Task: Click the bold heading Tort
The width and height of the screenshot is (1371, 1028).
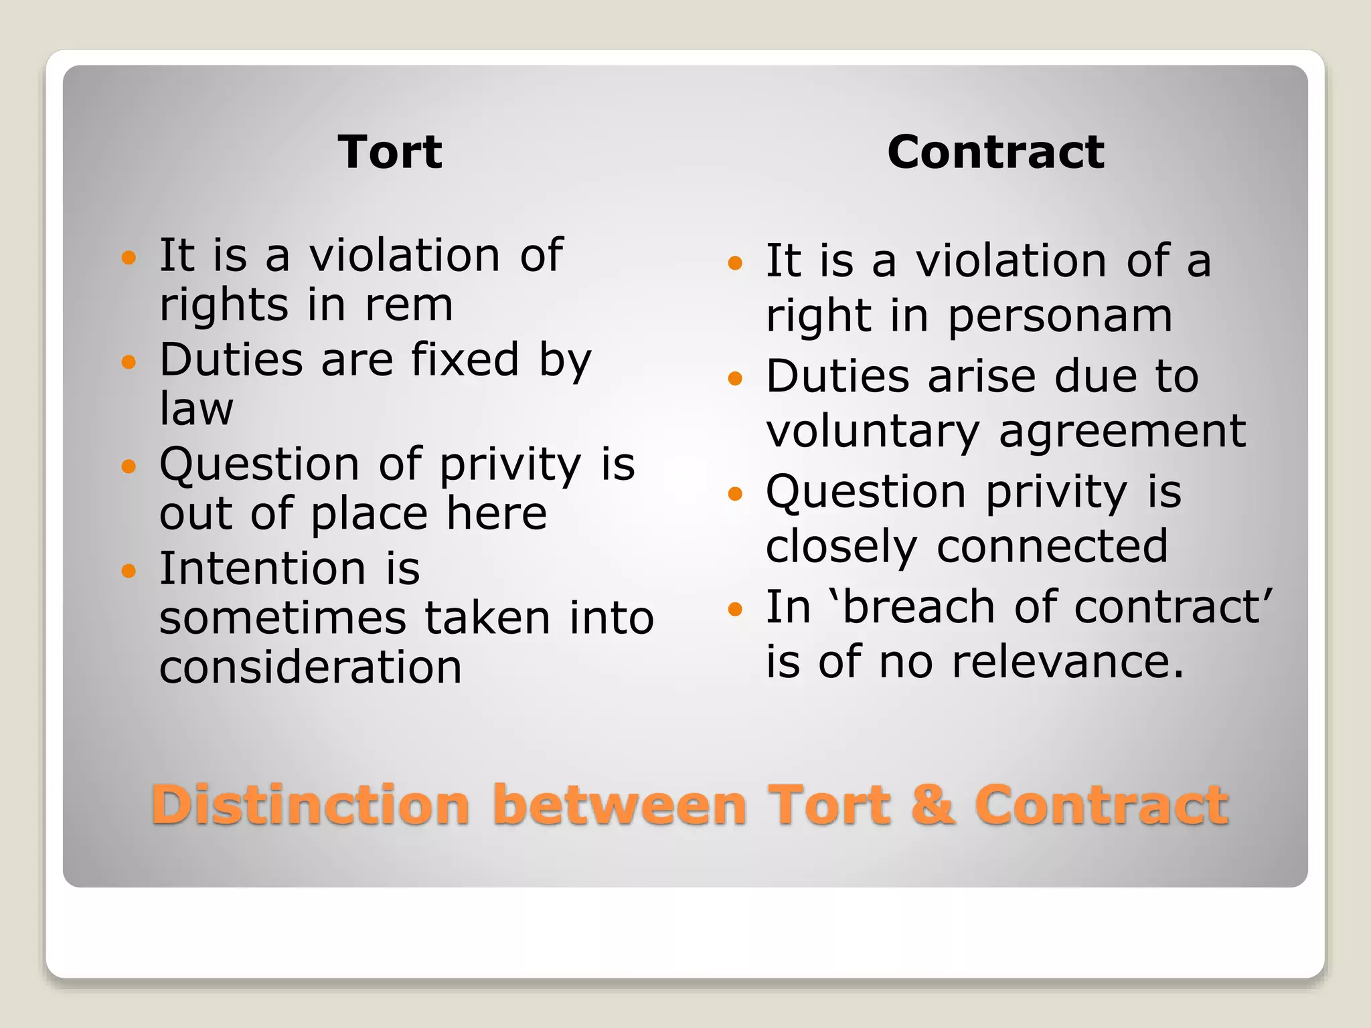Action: coord(390,152)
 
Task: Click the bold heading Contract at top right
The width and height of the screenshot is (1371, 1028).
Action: coord(995,152)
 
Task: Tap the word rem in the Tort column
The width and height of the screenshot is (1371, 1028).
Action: coord(409,305)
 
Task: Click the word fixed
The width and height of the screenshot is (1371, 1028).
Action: coord(465,359)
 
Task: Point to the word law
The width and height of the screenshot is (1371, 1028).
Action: coord(196,408)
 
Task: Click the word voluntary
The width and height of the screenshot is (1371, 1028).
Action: coord(873,432)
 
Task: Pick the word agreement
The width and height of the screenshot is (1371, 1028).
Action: coord(1123,432)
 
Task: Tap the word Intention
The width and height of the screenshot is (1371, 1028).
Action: coord(262,568)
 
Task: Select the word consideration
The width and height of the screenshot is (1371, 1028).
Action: coord(311,667)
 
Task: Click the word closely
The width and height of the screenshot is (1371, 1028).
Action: coord(841,547)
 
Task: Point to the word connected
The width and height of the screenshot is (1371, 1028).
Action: coord(1052,547)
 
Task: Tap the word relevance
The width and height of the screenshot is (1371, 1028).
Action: coord(1068,662)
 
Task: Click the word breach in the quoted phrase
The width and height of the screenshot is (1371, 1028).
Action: coord(918,607)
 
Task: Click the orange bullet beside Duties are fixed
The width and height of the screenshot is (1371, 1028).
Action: coord(129,362)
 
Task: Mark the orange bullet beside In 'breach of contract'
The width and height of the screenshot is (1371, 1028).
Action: coord(735,609)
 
